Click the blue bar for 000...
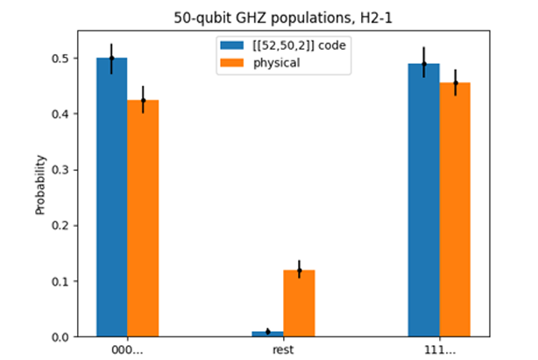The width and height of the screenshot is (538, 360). [x=111, y=196]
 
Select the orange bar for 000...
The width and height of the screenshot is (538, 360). [x=143, y=218]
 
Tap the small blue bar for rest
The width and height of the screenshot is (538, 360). [x=267, y=334]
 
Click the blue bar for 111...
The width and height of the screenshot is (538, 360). [x=424, y=200]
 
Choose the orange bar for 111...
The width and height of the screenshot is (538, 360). [x=455, y=209]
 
